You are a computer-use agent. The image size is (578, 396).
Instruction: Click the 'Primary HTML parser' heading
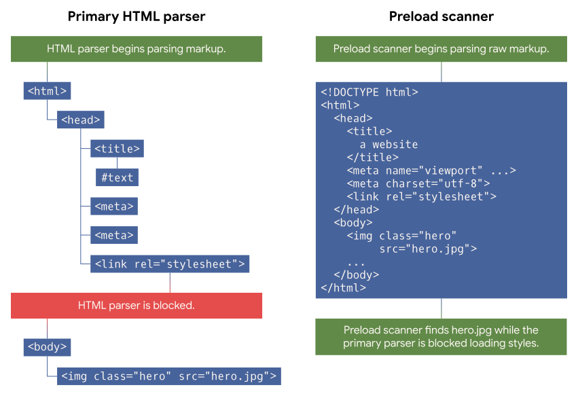(x=137, y=16)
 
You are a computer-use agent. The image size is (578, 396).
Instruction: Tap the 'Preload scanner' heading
(x=441, y=16)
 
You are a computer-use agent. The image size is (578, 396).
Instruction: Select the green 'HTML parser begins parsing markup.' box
(x=137, y=49)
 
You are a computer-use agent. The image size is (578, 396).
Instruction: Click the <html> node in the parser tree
(x=47, y=91)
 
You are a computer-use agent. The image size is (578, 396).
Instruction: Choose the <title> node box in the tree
(x=117, y=149)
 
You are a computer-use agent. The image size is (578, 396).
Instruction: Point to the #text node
(x=117, y=178)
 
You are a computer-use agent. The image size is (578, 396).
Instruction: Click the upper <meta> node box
(x=114, y=206)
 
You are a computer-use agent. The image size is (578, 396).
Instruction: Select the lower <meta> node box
(x=114, y=235)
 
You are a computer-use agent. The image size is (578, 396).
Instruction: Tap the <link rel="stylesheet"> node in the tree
(x=170, y=264)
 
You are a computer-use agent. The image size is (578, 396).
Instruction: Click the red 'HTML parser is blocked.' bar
(x=137, y=306)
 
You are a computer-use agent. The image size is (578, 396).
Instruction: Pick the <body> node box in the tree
(x=47, y=347)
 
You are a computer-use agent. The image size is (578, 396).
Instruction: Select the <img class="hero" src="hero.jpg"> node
(x=169, y=376)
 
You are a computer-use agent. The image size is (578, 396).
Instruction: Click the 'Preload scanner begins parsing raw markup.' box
(x=441, y=49)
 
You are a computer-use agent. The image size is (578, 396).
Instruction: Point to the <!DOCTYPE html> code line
(x=369, y=92)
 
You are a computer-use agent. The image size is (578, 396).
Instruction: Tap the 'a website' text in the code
(x=389, y=145)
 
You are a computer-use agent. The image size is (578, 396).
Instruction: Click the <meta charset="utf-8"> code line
(x=418, y=183)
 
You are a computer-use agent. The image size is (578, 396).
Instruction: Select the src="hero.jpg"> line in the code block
(x=428, y=249)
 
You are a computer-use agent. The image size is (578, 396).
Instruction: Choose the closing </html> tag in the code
(x=343, y=288)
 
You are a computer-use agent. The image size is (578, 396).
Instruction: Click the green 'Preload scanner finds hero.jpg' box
(x=441, y=336)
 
